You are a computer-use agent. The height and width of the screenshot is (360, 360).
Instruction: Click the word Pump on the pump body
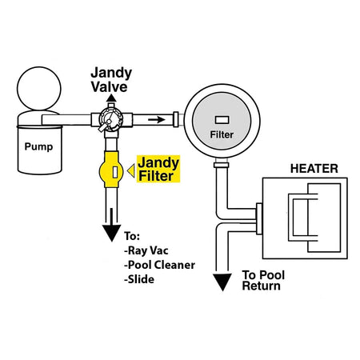point(38,146)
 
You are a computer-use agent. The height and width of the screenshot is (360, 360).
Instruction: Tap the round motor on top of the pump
point(39,89)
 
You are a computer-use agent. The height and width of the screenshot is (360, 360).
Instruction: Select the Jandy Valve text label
point(111,80)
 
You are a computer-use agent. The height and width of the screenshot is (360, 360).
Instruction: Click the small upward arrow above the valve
point(111,98)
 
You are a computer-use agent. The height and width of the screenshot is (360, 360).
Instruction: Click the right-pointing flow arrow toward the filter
point(157,120)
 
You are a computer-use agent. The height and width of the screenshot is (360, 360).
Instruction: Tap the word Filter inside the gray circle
point(222,134)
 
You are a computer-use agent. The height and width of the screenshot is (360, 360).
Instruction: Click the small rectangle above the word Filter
point(222,120)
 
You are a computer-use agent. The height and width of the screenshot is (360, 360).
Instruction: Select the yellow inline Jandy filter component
point(111,170)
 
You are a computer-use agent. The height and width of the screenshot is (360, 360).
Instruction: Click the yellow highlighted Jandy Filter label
point(158,169)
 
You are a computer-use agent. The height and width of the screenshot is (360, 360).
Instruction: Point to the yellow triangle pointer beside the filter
point(131,171)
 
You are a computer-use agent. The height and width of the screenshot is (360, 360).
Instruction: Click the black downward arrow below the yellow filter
point(112,225)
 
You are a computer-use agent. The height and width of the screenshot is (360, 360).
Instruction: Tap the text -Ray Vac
point(146,250)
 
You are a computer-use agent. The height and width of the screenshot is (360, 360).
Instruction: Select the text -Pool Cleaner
point(159,265)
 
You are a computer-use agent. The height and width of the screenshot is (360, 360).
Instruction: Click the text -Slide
point(139,279)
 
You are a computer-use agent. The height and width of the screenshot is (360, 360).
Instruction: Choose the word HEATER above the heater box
point(314,169)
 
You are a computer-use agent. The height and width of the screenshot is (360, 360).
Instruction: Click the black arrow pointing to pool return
point(222,282)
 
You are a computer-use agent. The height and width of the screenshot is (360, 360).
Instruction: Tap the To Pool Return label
point(263,280)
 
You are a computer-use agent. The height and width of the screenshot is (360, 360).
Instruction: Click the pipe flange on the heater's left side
point(259,218)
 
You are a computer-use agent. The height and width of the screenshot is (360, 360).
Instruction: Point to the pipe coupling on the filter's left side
point(176,119)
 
